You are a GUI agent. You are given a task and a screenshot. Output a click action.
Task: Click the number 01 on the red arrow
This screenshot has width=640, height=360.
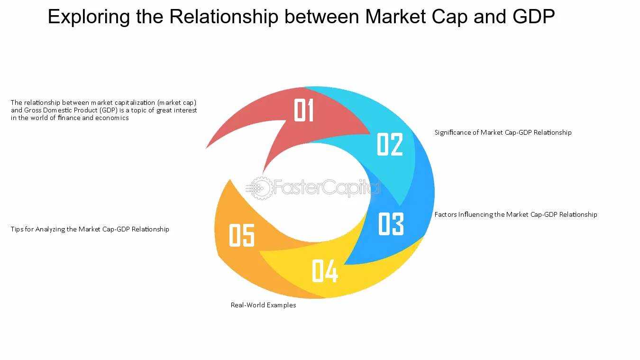coord(304,110)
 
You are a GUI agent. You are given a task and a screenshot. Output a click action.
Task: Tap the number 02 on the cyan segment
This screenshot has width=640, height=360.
coord(390,144)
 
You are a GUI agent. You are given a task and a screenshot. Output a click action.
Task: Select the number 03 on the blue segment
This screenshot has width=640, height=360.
coord(391,224)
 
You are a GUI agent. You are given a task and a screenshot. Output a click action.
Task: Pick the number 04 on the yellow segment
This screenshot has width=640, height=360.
coord(325,271)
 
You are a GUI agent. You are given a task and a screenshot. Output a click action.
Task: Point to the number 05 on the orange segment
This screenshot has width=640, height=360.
coord(242,235)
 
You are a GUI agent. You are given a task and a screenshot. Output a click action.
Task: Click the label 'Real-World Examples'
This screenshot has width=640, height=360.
coord(263,305)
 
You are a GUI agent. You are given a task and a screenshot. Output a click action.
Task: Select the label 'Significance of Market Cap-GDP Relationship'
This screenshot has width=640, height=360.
coord(503,132)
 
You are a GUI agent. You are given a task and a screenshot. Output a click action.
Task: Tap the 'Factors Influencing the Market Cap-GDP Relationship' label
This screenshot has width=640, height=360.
coord(516,214)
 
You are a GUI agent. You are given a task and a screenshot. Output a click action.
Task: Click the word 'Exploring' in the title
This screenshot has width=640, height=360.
coord(89,17)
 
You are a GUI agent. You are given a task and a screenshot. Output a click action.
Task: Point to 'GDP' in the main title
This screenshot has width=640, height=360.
coord(534,16)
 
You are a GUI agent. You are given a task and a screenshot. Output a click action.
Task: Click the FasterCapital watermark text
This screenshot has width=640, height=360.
coord(327,187)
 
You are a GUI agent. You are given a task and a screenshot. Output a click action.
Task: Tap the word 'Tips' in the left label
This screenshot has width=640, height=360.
coord(17,229)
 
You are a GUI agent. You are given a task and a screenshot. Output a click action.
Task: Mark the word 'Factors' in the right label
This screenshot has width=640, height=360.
coord(446,214)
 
